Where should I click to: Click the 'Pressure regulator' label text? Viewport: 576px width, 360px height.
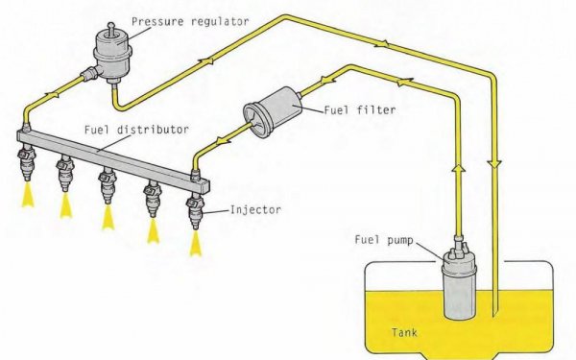190,21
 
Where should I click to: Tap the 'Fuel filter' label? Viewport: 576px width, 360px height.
360,109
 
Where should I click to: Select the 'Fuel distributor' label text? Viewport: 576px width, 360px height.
136,130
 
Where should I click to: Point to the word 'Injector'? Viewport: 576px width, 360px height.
255,209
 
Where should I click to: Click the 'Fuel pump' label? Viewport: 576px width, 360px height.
384,240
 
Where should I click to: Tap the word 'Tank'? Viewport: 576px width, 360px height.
404,333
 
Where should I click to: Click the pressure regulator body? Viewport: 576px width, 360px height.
111,56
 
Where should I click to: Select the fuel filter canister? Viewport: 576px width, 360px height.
273,112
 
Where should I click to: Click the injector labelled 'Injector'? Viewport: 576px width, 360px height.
195,213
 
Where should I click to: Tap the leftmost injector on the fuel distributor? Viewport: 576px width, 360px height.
27,163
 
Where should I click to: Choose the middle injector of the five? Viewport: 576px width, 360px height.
108,186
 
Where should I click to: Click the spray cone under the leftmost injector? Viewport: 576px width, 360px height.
28,194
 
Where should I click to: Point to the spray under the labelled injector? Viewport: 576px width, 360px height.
196,243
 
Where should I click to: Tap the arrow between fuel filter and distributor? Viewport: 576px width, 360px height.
223,141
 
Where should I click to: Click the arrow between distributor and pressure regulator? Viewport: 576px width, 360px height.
53,95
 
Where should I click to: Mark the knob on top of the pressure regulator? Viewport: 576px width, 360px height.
110,29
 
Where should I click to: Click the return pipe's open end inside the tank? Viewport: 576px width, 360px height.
494,315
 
